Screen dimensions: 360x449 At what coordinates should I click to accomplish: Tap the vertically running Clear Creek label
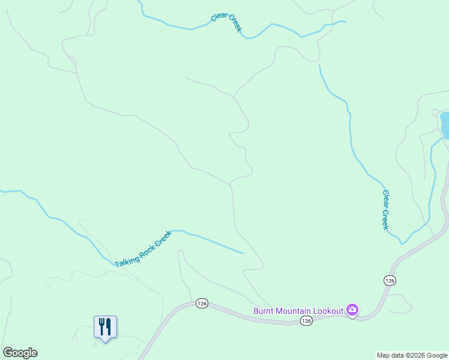tap(385, 210)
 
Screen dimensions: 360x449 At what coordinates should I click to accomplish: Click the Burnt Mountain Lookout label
tap(298, 310)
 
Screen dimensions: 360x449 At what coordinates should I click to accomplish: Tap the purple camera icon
tap(352, 310)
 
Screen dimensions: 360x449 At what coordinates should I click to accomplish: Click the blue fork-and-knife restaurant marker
tap(105, 327)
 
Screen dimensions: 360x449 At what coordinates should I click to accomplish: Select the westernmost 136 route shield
tap(201, 304)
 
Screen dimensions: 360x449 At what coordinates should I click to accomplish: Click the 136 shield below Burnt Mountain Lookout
tap(306, 321)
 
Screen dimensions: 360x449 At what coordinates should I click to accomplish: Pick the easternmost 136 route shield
tap(390, 280)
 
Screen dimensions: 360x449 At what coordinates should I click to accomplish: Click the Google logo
tap(20, 353)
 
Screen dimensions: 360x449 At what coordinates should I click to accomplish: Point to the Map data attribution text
tap(412, 355)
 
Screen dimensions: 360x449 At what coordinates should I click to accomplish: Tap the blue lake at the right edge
tap(445, 124)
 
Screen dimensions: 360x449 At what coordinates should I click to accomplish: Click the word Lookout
tap(327, 310)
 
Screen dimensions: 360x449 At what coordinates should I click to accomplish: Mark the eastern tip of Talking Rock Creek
tap(243, 253)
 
